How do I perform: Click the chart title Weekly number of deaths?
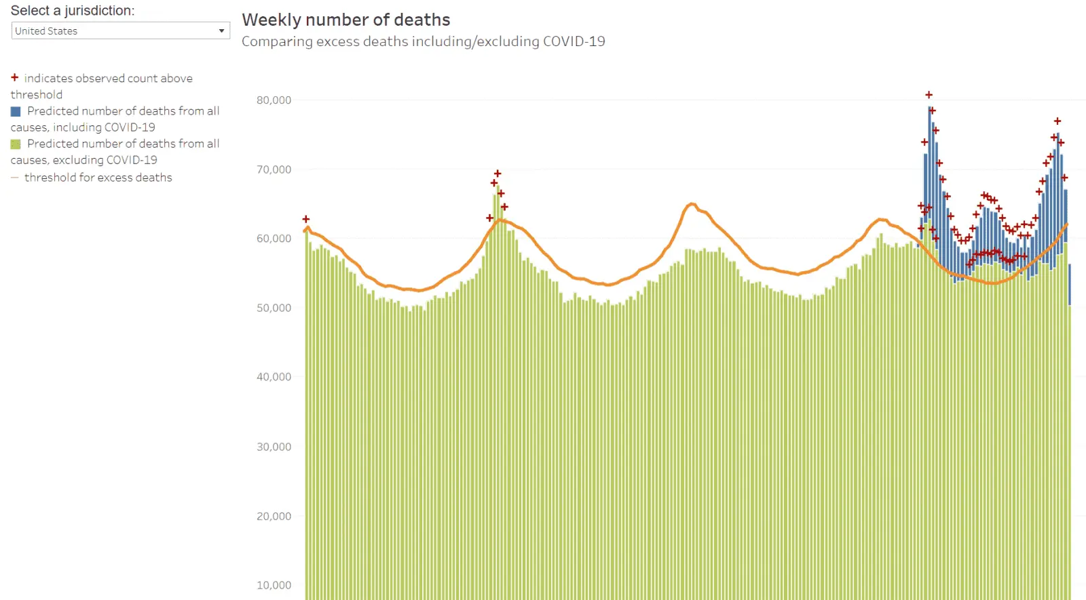(x=345, y=20)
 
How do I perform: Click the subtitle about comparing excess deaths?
(x=423, y=41)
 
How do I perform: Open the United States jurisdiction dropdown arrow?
(x=221, y=31)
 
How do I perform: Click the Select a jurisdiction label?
(x=73, y=11)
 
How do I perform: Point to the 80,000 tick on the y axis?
(x=274, y=100)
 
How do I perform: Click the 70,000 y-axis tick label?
(x=274, y=169)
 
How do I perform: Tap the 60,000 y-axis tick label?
(x=274, y=239)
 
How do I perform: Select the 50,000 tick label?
(x=274, y=308)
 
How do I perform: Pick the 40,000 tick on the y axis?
(x=274, y=377)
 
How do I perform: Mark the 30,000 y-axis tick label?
(x=274, y=447)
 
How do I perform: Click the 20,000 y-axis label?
(x=274, y=516)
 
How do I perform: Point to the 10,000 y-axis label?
(x=274, y=585)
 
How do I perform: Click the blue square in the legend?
(x=16, y=111)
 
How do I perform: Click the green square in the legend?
(x=16, y=144)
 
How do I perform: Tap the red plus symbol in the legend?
(x=14, y=77)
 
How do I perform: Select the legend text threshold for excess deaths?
(x=98, y=178)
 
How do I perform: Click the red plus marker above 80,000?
(x=929, y=95)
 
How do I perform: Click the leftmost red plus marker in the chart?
(x=306, y=219)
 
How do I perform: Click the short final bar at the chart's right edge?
(x=1070, y=285)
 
